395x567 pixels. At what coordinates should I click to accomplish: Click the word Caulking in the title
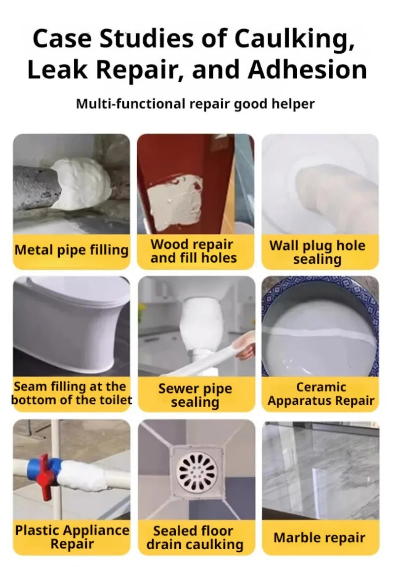(x=294, y=39)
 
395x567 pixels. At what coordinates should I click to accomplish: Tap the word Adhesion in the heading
(x=308, y=70)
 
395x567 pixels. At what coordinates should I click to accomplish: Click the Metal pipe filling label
(x=71, y=250)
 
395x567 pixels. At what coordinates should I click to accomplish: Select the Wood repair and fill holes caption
(x=194, y=251)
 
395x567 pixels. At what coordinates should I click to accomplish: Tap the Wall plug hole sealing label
(x=317, y=252)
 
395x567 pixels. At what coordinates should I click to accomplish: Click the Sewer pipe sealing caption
(x=195, y=395)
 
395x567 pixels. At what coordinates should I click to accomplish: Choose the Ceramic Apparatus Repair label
(x=321, y=394)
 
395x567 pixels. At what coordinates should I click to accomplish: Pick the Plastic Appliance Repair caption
(x=72, y=537)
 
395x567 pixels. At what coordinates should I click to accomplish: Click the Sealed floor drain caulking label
(x=195, y=538)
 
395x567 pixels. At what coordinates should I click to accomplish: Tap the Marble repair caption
(x=319, y=538)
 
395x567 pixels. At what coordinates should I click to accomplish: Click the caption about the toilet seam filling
(x=71, y=393)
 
